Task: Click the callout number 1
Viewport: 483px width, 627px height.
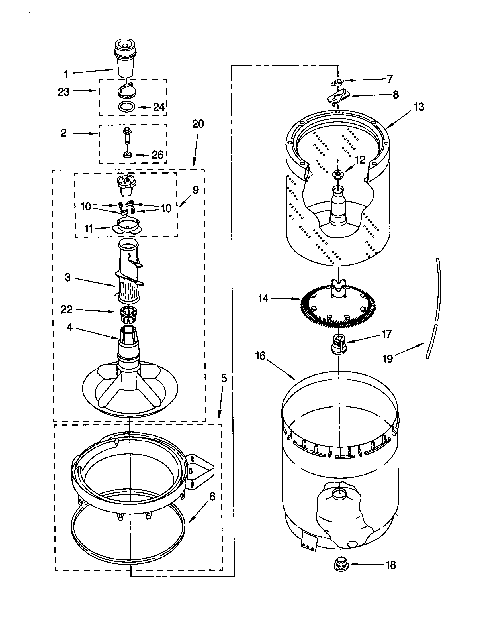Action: [66, 74]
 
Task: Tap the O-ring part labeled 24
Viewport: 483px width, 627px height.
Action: [126, 107]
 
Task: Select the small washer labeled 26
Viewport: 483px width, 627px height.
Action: [126, 155]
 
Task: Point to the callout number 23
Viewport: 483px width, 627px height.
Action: [64, 92]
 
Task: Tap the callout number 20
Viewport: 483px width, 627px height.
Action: [198, 124]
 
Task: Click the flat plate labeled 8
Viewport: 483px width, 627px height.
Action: [338, 96]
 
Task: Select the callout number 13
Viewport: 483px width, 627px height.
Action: [419, 107]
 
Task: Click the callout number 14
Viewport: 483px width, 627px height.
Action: [263, 299]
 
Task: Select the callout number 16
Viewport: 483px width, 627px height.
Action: [260, 356]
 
